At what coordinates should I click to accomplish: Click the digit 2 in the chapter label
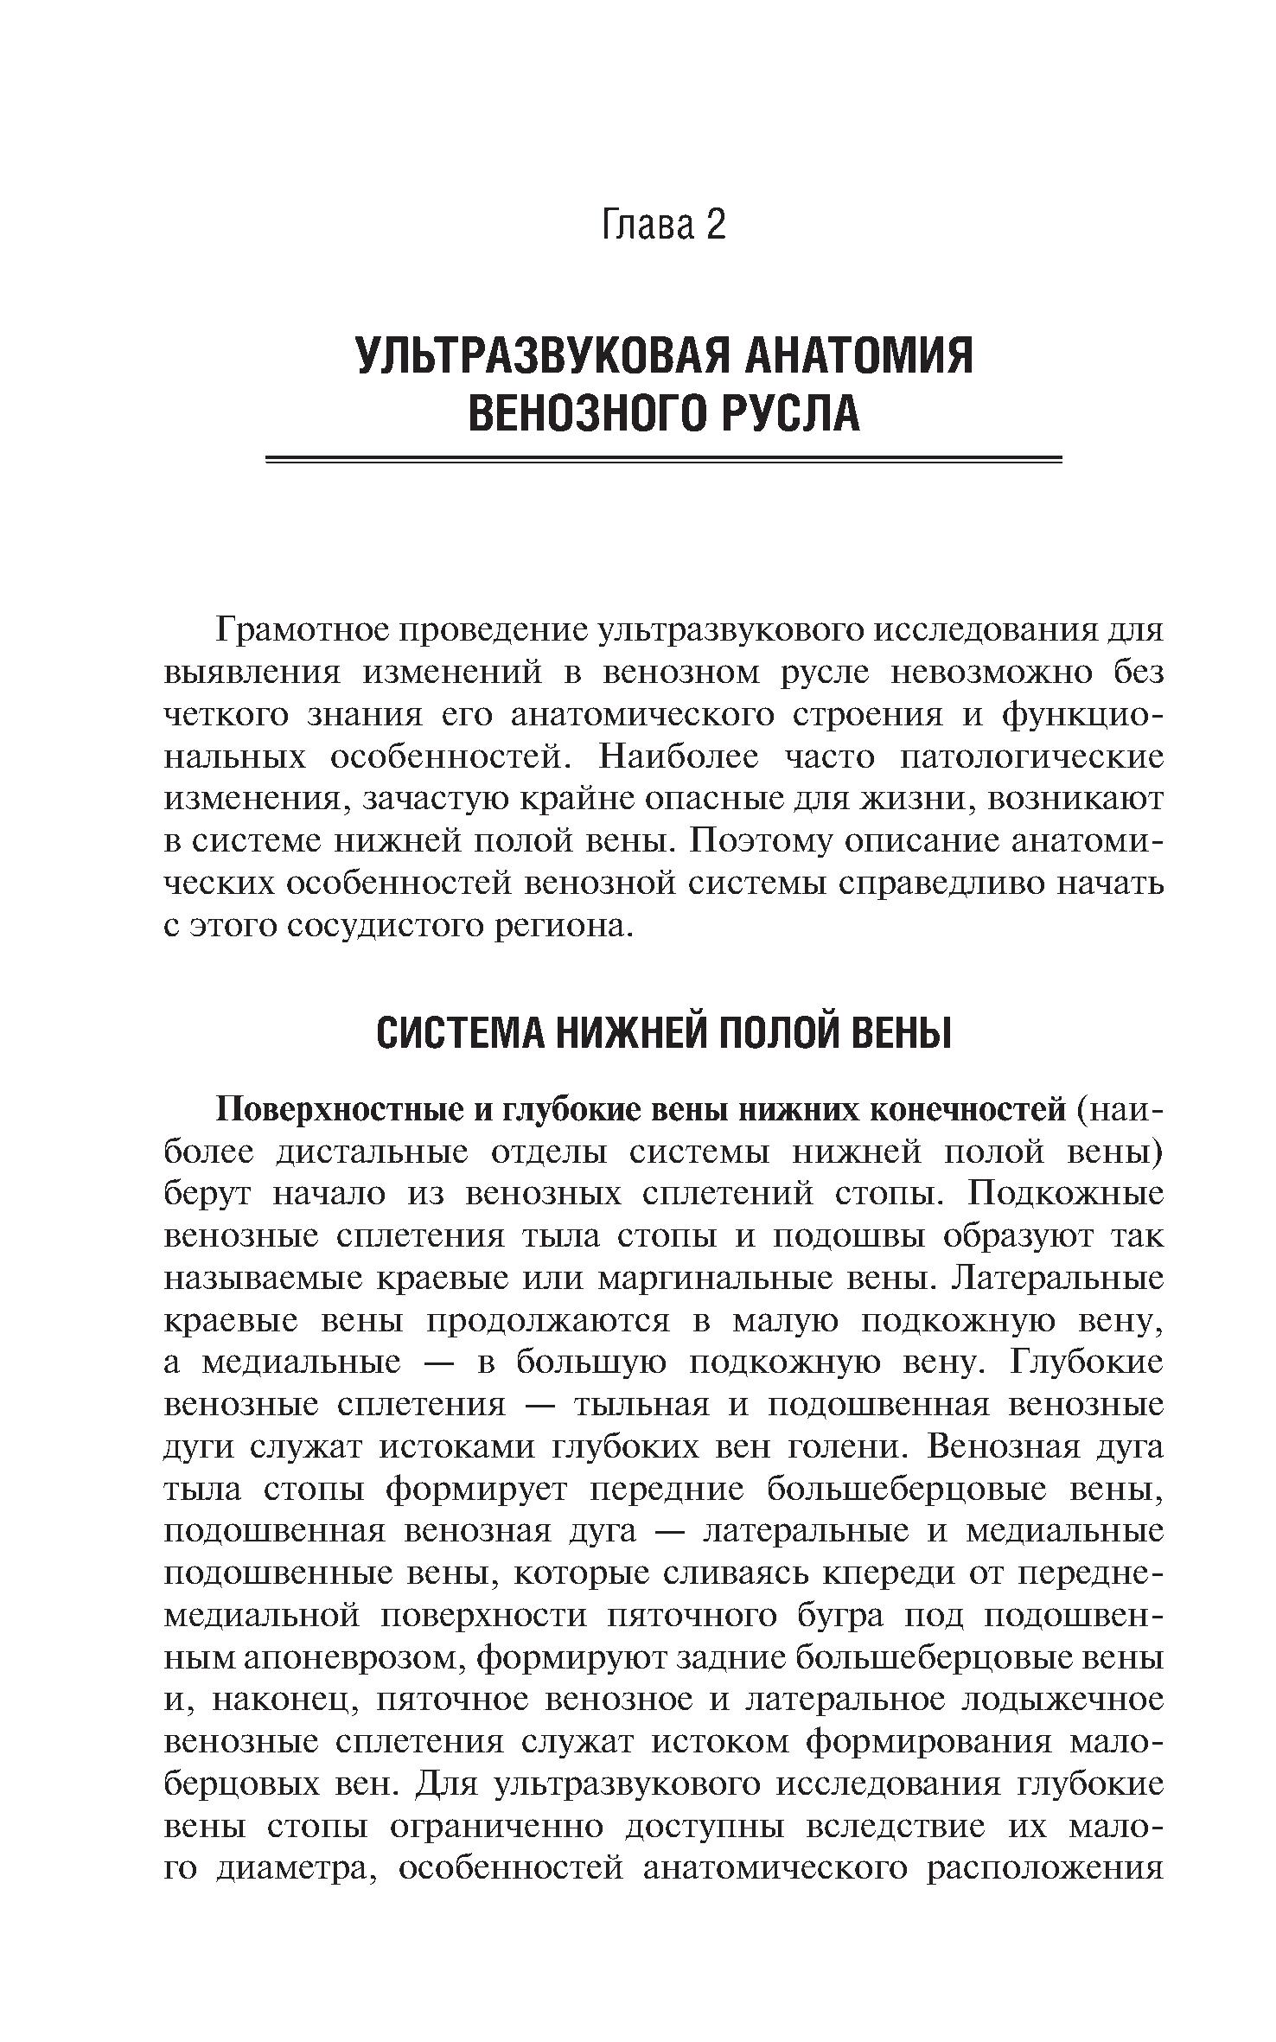coord(714,227)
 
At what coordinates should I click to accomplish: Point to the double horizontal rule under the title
coord(663,460)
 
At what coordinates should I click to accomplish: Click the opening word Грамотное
coord(302,629)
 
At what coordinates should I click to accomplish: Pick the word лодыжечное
coord(1062,1701)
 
